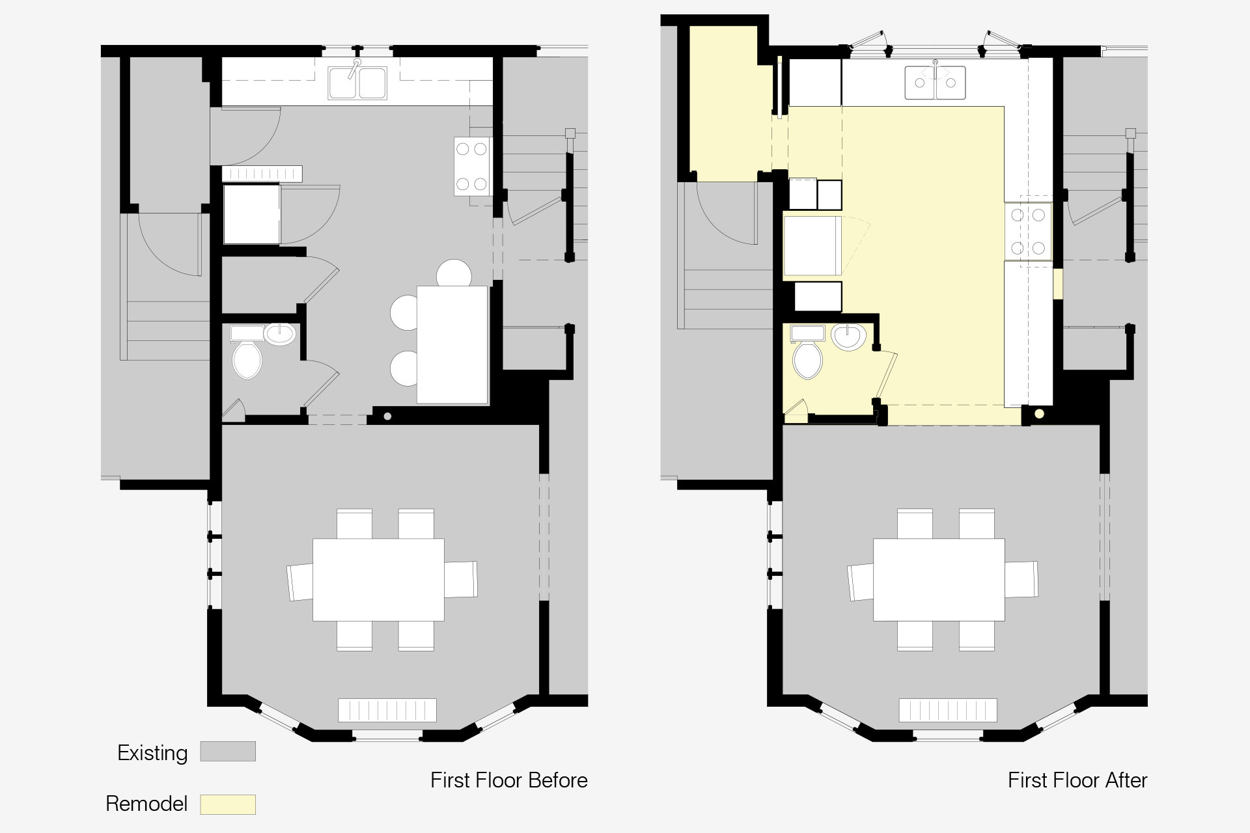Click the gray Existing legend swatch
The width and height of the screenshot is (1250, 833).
click(228, 752)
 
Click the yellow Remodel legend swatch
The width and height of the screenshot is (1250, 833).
click(228, 804)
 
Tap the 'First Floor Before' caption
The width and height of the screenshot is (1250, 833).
click(508, 780)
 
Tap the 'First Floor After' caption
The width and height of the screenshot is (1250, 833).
click(1077, 780)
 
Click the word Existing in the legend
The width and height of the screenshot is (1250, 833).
click(152, 753)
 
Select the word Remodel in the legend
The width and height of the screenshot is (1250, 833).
click(146, 804)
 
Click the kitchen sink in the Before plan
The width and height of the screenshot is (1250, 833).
click(357, 82)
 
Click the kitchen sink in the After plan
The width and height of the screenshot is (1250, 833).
click(935, 82)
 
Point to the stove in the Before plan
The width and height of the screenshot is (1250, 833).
click(472, 167)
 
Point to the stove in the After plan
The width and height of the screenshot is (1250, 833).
click(1028, 232)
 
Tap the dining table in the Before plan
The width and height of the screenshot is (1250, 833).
click(378, 579)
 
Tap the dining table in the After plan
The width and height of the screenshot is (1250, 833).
click(938, 579)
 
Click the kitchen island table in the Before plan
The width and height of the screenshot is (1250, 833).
click(453, 345)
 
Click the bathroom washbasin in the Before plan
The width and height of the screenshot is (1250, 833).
click(281, 334)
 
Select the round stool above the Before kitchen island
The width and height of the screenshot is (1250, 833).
click(454, 273)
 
